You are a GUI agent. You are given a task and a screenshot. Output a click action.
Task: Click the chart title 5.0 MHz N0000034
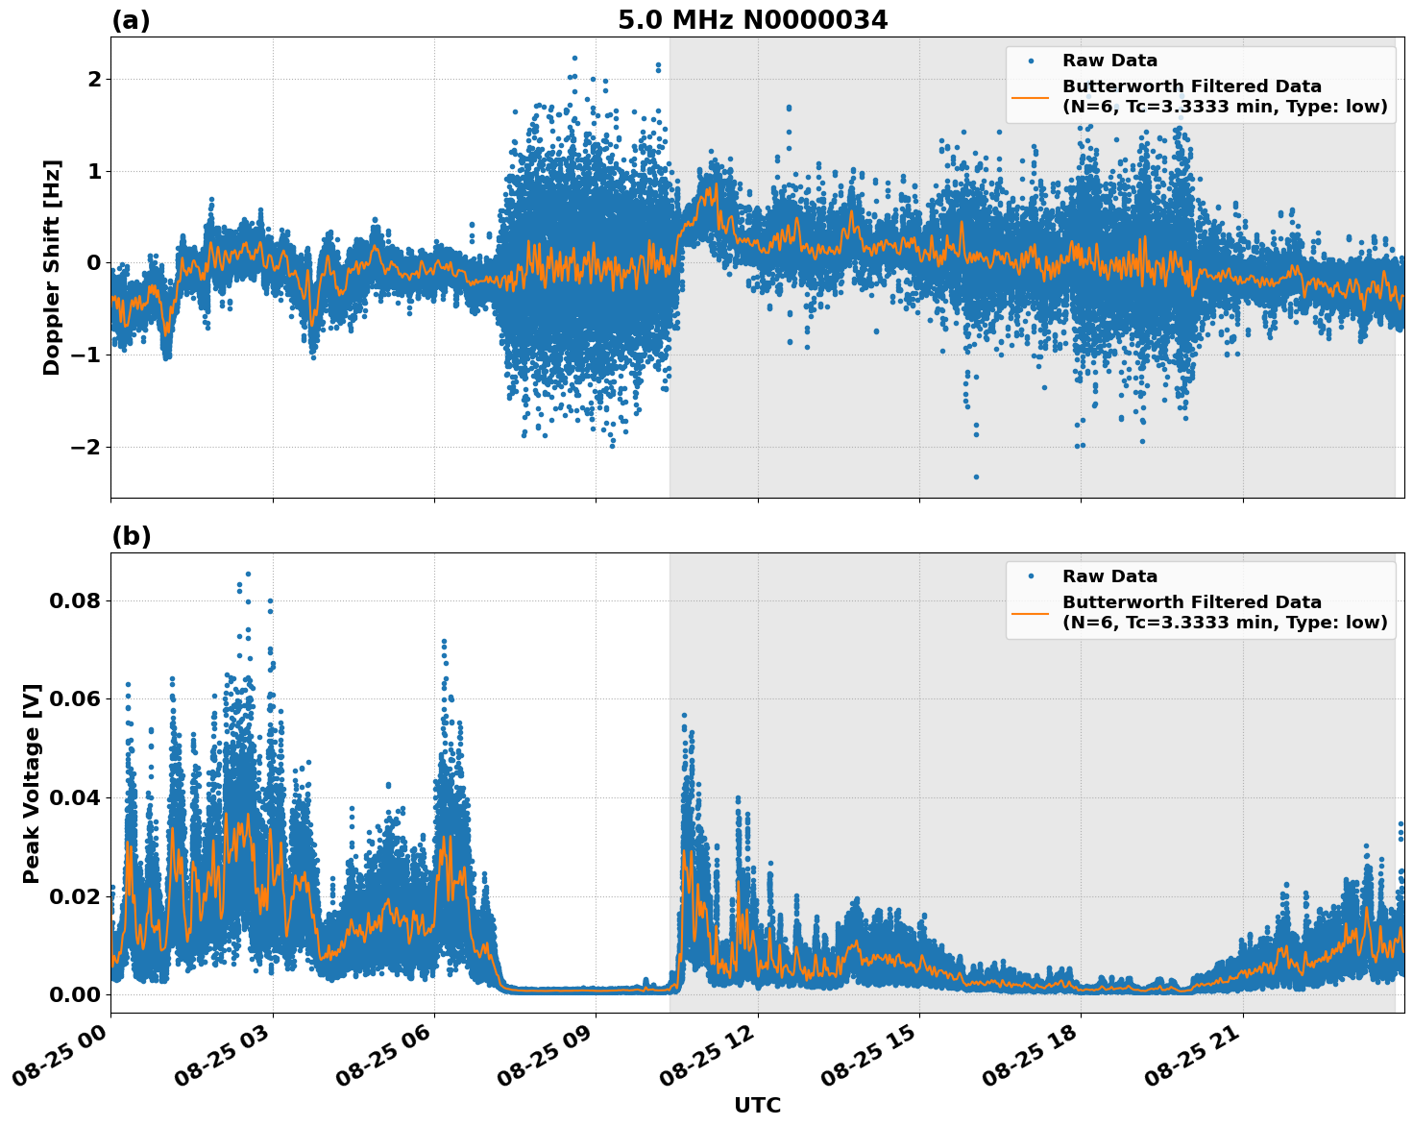(x=752, y=20)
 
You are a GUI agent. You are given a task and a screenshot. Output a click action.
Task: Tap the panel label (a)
(x=131, y=20)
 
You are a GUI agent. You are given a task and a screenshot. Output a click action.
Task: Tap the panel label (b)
(x=131, y=536)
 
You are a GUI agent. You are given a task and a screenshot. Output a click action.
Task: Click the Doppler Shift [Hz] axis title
(x=52, y=267)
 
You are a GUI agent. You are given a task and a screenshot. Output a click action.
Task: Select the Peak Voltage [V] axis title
(x=32, y=783)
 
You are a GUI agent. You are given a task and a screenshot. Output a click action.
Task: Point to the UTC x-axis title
(x=757, y=1105)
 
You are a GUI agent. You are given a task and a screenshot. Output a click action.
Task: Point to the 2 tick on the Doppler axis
(x=93, y=79)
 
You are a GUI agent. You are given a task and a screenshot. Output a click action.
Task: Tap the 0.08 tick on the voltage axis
(x=75, y=601)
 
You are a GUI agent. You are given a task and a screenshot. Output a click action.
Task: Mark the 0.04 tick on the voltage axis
(x=75, y=798)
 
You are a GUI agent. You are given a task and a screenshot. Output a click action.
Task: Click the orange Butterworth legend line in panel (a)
(x=1031, y=97)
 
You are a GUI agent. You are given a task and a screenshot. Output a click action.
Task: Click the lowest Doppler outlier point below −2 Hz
(x=976, y=477)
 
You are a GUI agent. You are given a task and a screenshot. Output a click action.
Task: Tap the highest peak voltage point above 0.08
(x=248, y=574)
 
